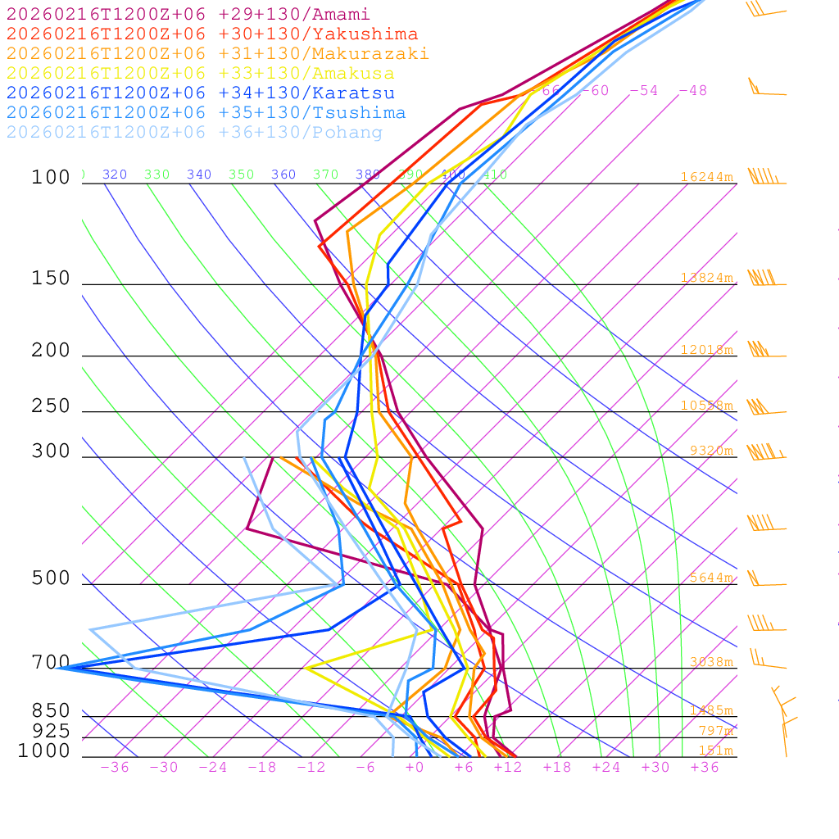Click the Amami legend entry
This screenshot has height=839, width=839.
coord(188,15)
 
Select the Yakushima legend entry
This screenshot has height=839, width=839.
coord(211,34)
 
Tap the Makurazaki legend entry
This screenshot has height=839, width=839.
coord(217,54)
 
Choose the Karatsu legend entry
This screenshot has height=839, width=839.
coord(200,93)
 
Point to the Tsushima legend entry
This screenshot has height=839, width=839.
coord(206,113)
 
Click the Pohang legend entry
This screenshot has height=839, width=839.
coord(194,133)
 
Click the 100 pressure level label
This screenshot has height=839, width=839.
coord(51,178)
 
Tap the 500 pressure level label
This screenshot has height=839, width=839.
coord(51,578)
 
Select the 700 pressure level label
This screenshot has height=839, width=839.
coord(51,662)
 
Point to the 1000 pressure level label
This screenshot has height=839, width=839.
coord(44,751)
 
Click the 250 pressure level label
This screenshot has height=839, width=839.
coord(51,406)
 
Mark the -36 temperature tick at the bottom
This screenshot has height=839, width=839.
coord(115,767)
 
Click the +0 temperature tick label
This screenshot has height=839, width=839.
coord(415,767)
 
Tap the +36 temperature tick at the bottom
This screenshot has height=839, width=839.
coord(705,767)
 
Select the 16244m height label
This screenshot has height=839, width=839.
coord(707,177)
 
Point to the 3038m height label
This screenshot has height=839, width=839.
coord(711,662)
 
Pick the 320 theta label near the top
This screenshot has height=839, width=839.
coord(115,175)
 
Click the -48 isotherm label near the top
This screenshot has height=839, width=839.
coord(692,91)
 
